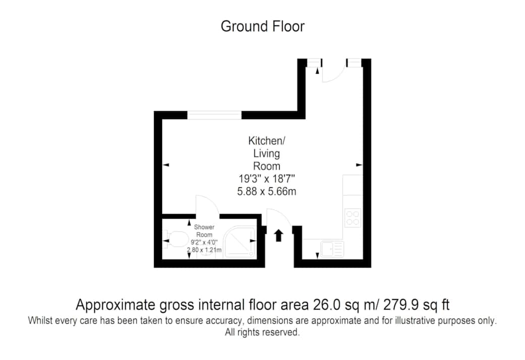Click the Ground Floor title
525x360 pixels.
(262, 26)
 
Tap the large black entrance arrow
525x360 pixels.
(279, 235)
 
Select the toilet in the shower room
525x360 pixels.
(175, 239)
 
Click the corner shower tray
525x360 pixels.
(240, 241)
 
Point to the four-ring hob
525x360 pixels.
(353, 218)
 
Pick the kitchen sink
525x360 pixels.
(332, 249)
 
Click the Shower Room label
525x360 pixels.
(204, 231)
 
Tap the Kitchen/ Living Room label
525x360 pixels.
(267, 153)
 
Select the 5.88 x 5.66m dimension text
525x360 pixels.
(267, 191)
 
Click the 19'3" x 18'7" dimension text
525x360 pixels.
(267, 179)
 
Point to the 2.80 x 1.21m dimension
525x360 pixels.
(204, 250)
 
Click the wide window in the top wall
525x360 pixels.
(214, 115)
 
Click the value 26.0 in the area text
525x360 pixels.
(327, 305)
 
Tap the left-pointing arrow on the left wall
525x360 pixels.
(166, 165)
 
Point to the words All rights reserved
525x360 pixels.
(262, 332)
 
